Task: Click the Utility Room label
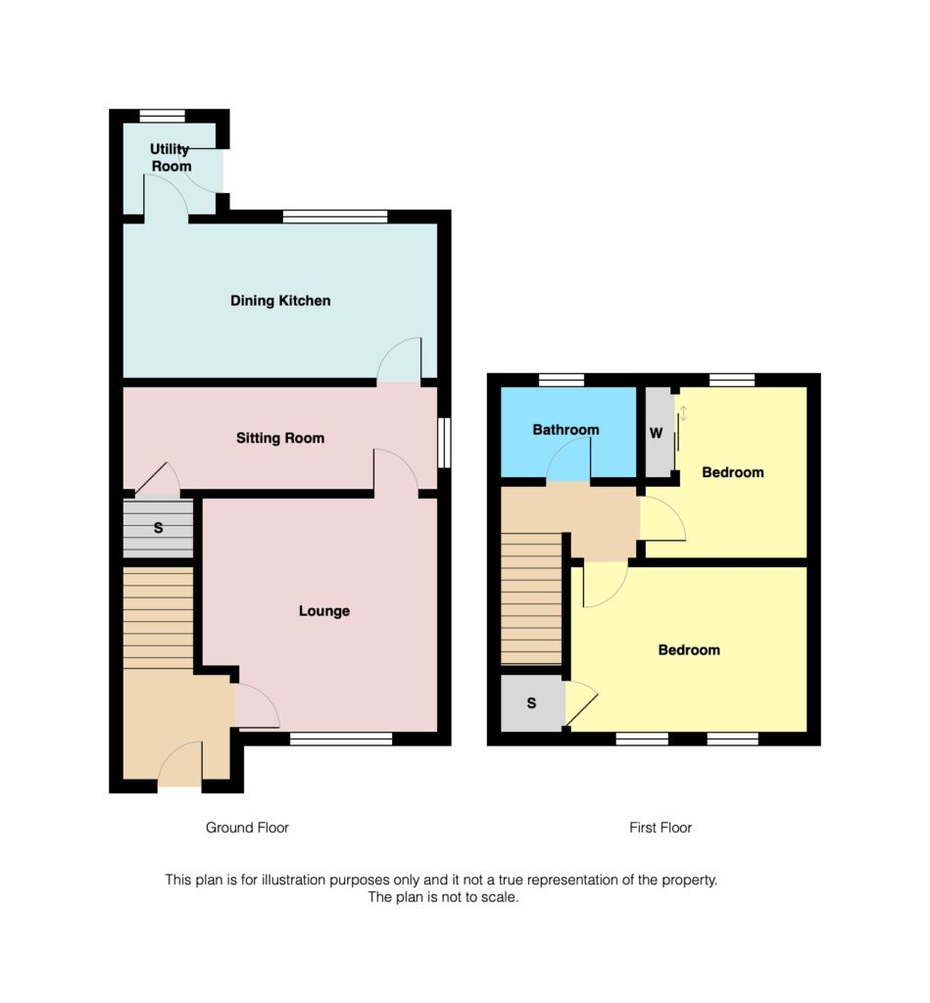tap(171, 158)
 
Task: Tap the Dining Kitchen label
tap(280, 301)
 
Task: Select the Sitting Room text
tap(280, 438)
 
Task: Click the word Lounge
tap(324, 611)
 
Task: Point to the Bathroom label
tap(565, 430)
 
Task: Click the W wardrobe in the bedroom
tap(658, 432)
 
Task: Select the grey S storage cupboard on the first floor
tap(532, 703)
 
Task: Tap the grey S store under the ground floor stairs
tap(158, 529)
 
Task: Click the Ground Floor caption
tap(247, 828)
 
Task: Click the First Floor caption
tap(661, 828)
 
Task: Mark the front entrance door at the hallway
tap(179, 766)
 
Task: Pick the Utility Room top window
tap(163, 116)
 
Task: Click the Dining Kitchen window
tap(335, 216)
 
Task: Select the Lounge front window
tap(341, 739)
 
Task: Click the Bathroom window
tap(562, 380)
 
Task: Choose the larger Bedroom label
tap(689, 650)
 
